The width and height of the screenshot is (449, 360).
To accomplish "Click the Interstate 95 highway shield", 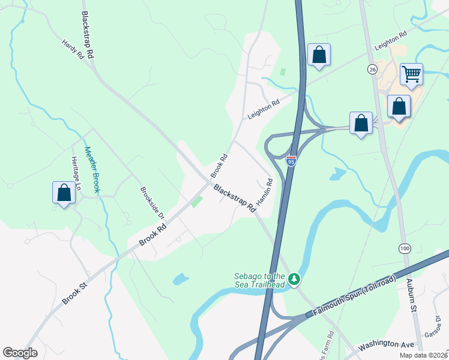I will tap(291, 160).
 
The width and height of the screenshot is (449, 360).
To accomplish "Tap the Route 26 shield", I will tap(372, 70).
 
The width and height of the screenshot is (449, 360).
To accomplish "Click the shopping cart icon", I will tap(411, 74).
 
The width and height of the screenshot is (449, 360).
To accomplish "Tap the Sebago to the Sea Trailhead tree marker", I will tap(294, 279).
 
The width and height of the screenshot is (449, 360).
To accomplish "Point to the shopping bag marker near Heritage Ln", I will tap(64, 193).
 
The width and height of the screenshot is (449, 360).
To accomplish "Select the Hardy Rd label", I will tap(73, 50).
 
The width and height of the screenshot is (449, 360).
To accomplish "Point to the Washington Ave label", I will tap(387, 345).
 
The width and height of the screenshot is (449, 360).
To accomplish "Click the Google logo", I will tap(20, 353).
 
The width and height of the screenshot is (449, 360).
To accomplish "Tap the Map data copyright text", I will tap(423, 355).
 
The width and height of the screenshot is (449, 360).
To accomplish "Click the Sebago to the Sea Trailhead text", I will tap(259, 280).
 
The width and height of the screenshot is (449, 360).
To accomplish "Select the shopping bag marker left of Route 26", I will tap(319, 55).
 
